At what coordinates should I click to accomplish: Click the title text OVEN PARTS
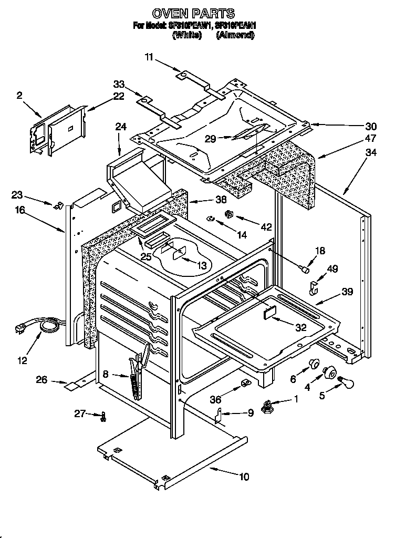[193, 13]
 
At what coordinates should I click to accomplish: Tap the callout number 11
[150, 58]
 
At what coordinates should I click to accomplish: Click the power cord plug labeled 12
[21, 329]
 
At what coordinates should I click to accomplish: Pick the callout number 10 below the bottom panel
[244, 477]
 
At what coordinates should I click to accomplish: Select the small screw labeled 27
[103, 416]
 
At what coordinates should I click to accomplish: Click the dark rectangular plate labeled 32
[269, 313]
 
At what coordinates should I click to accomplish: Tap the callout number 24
[121, 127]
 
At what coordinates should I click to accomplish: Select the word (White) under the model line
[187, 35]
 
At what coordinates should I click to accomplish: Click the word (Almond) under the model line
[235, 35]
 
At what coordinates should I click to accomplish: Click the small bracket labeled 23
[59, 204]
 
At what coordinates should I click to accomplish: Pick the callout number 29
[210, 139]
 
